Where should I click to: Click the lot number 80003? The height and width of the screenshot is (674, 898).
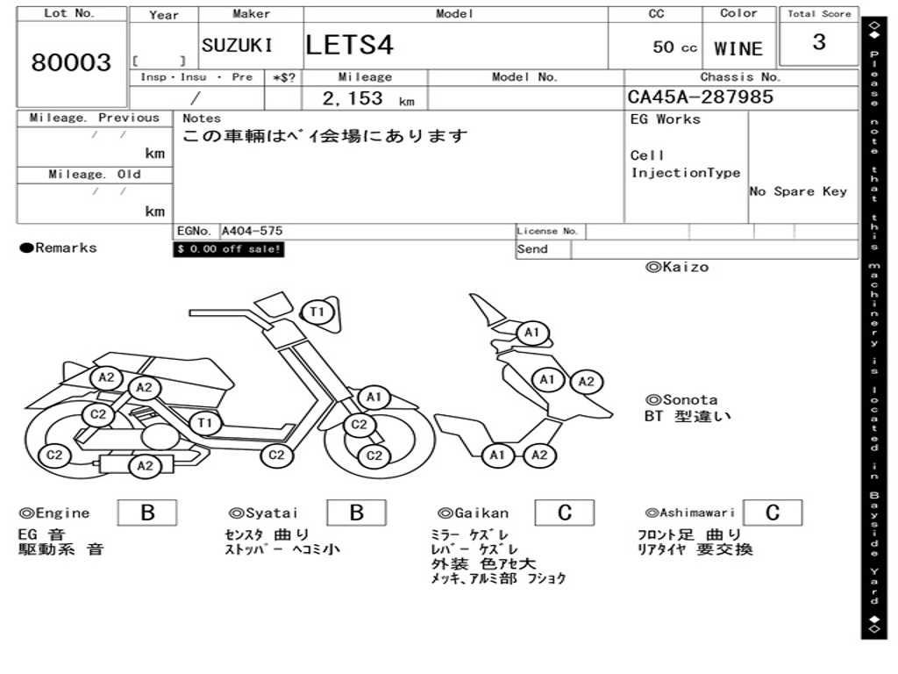pyautogui.click(x=71, y=62)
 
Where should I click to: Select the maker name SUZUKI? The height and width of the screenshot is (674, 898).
pyautogui.click(x=237, y=46)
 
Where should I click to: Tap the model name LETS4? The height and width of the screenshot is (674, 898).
pyautogui.click(x=350, y=46)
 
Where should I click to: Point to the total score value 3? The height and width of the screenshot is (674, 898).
pyautogui.click(x=818, y=42)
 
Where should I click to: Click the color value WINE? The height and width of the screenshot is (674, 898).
pyautogui.click(x=738, y=49)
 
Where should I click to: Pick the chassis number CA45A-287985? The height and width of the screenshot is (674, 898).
pyautogui.click(x=701, y=97)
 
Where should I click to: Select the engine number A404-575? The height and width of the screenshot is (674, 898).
pyautogui.click(x=252, y=232)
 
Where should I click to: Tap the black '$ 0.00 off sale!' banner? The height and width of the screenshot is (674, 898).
pyautogui.click(x=229, y=249)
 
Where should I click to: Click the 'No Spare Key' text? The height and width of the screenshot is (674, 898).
pyautogui.click(x=798, y=191)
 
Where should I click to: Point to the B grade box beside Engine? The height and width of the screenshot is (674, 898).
pyautogui.click(x=147, y=513)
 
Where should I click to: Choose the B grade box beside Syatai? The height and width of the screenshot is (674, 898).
pyautogui.click(x=356, y=513)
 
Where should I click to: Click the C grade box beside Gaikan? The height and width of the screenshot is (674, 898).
pyautogui.click(x=565, y=513)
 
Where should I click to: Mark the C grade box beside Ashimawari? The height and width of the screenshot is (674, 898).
pyautogui.click(x=773, y=513)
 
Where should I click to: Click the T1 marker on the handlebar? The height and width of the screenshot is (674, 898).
pyautogui.click(x=317, y=312)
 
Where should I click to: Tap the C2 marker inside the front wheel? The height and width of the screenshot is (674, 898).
pyautogui.click(x=374, y=455)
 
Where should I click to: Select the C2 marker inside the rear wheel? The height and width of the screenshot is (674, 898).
pyautogui.click(x=54, y=455)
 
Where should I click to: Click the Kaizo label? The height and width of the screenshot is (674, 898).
pyautogui.click(x=677, y=267)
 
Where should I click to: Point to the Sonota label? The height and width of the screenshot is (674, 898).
pyautogui.click(x=681, y=400)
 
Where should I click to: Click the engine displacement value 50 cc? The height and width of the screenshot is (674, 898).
pyautogui.click(x=674, y=47)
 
